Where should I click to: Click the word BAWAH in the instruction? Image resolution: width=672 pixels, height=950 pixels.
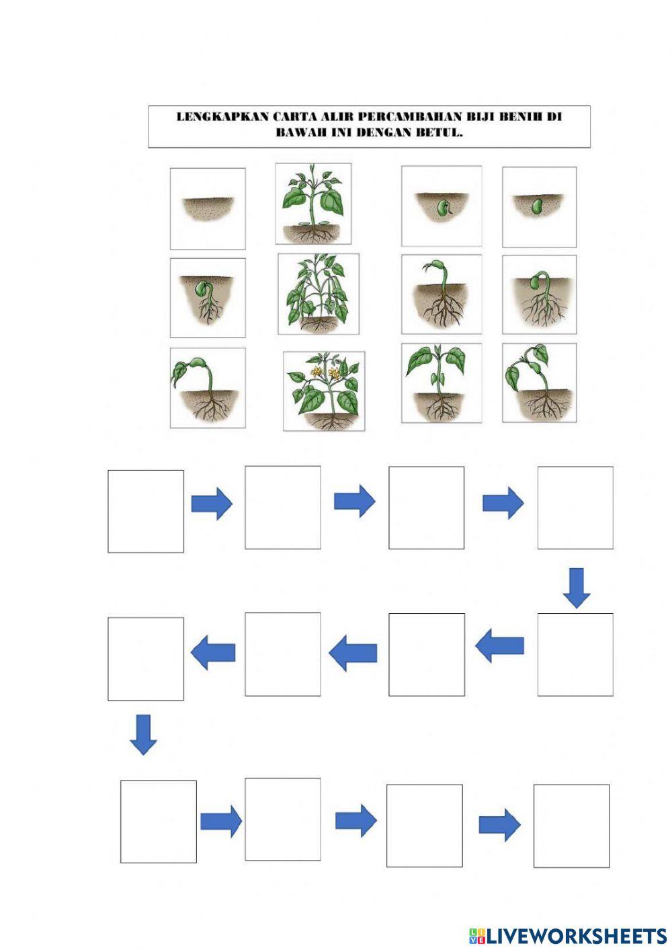[x=300, y=132]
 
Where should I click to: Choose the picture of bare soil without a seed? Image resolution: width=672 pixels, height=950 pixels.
[x=208, y=208]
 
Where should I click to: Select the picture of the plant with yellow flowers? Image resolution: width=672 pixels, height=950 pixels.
[x=324, y=391]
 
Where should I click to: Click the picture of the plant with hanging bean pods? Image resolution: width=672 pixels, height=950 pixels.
[x=319, y=294]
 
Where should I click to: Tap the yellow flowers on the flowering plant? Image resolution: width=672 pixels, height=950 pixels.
[x=326, y=372]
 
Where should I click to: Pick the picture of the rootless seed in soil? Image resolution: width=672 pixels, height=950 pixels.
[x=540, y=207]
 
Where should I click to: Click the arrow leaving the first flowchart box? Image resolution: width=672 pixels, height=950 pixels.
[x=212, y=504]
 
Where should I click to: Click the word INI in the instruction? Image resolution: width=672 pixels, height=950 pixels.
[x=341, y=132]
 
